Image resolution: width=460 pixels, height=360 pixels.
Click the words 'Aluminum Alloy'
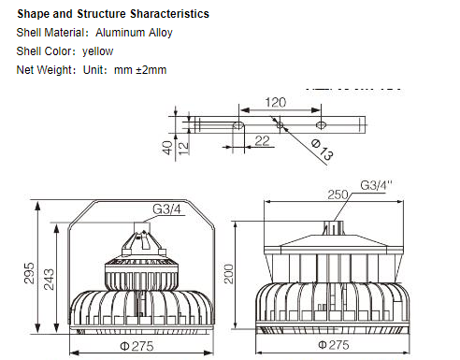134,33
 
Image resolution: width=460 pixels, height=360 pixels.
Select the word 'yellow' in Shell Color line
97,51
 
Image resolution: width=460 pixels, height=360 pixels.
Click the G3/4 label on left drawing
168,208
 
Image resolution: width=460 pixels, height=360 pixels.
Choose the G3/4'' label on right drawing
377,185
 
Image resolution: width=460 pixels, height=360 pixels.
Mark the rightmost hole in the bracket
321,123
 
